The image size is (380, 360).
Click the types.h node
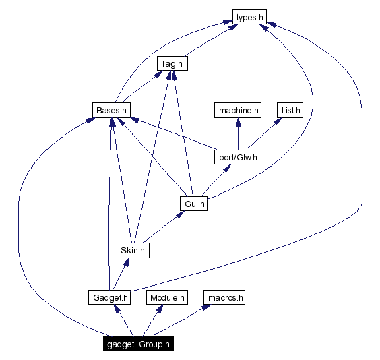tap(249, 17)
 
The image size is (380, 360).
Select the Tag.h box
tap(172, 64)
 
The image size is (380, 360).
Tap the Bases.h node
tap(110, 109)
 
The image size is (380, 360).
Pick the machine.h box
tap(237, 109)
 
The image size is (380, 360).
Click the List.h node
tap(290, 109)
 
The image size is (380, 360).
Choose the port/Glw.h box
tap(238, 157)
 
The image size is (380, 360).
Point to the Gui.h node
tap(193, 203)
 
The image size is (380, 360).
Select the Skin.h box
tap(132, 250)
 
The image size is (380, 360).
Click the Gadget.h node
tap(108, 297)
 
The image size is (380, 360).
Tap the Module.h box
tap(167, 297)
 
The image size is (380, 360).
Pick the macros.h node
tap(225, 297)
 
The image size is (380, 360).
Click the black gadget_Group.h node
tap(139, 344)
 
